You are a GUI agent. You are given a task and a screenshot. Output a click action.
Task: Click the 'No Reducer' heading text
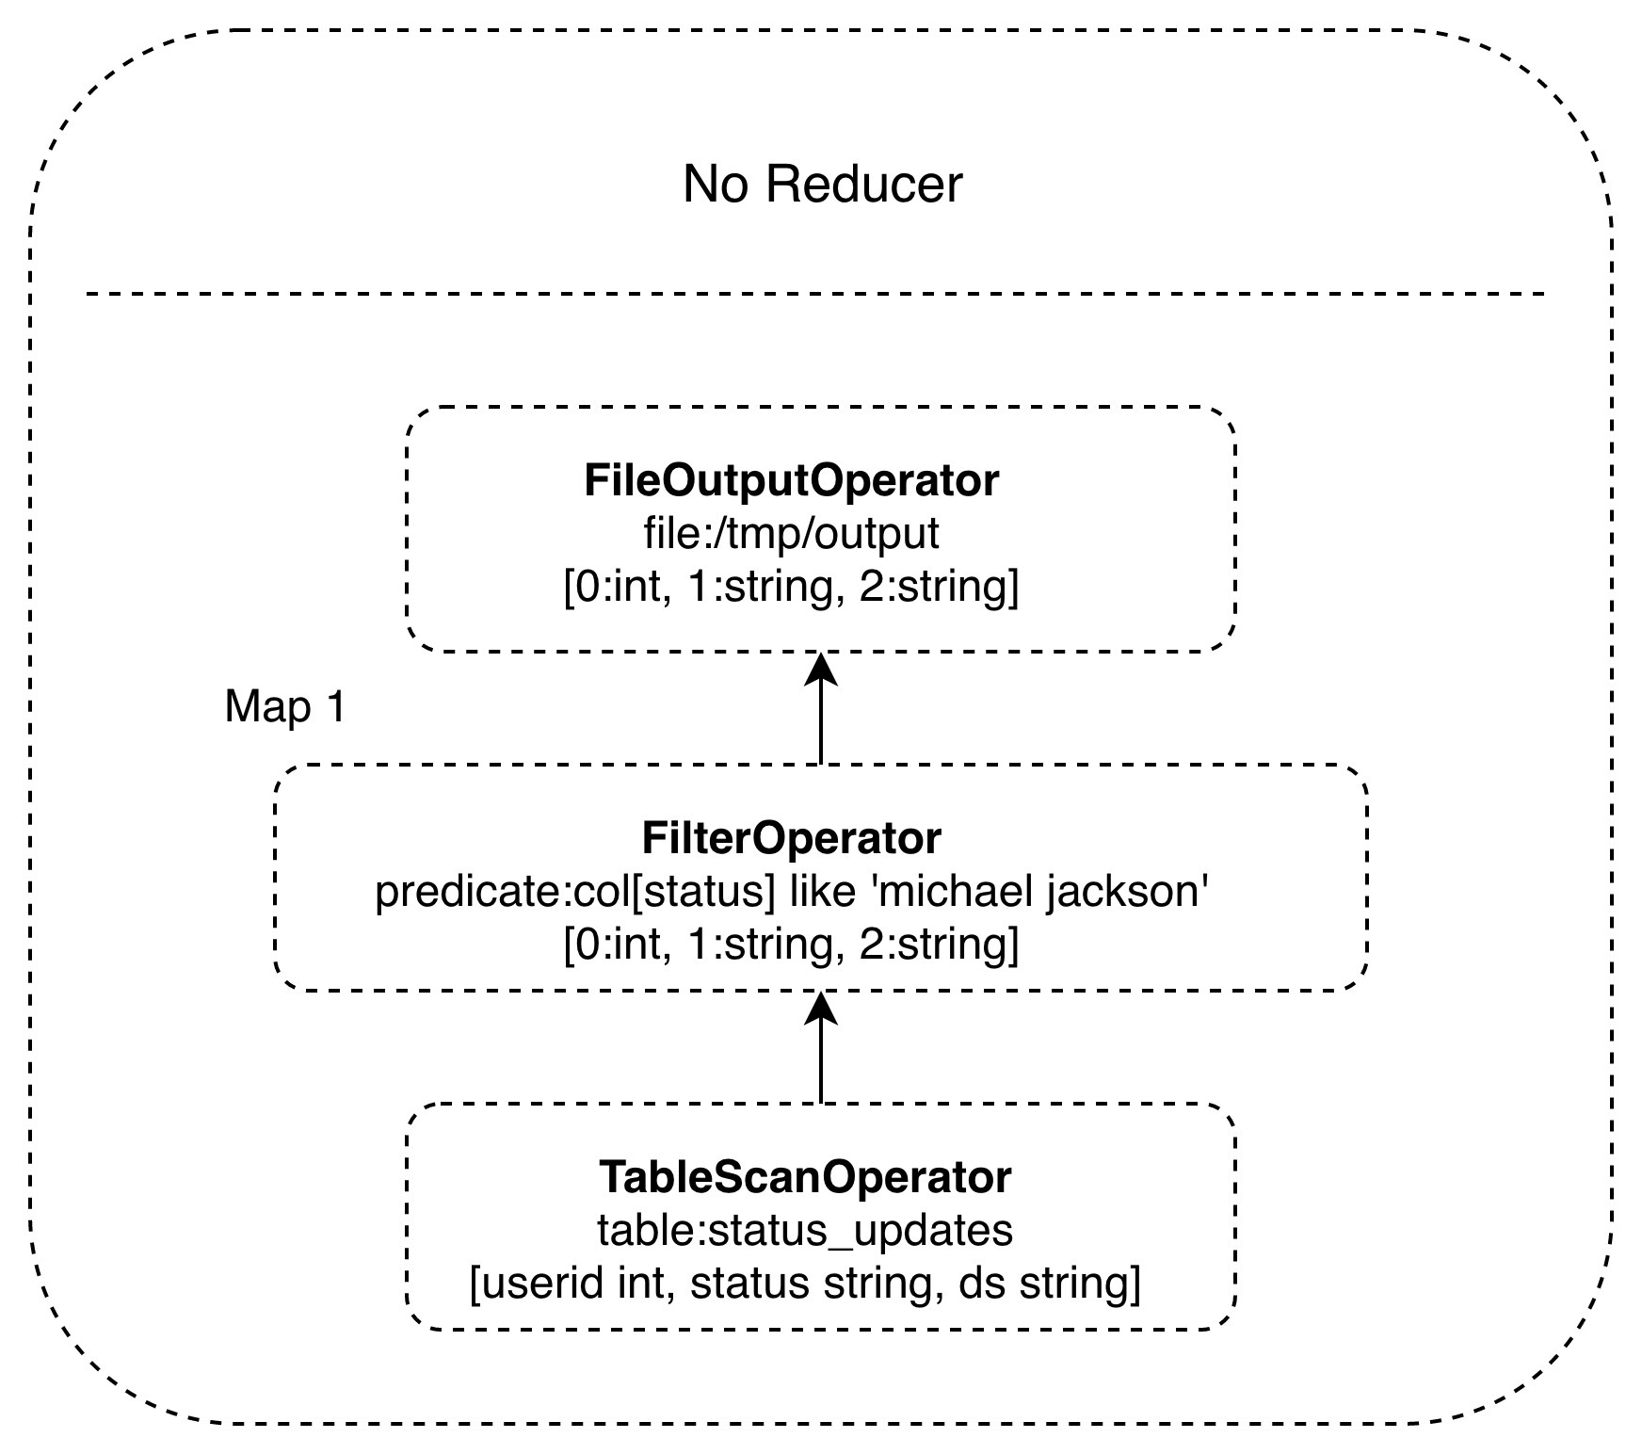pyautogui.click(x=822, y=185)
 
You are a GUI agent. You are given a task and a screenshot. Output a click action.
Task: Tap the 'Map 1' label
pyautogui.click(x=284, y=706)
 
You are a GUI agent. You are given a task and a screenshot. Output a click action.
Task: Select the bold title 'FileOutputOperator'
pyautogui.click(x=791, y=480)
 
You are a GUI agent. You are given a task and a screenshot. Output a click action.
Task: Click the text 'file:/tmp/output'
pyautogui.click(x=791, y=534)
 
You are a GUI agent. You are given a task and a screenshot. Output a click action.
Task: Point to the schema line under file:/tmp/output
pyautogui.click(x=791, y=588)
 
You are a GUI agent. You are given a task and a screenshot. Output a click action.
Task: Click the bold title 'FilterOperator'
pyautogui.click(x=791, y=837)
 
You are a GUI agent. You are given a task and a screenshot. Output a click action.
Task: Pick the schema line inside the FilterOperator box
pyautogui.click(x=791, y=945)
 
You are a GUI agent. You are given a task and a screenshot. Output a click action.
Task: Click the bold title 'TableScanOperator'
pyautogui.click(x=805, y=1176)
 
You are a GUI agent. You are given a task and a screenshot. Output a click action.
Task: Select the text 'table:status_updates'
pyautogui.click(x=805, y=1230)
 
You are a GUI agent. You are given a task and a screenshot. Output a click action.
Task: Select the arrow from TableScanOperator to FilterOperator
pyautogui.click(x=822, y=1059)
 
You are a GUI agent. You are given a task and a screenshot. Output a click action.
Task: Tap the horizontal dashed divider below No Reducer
pyautogui.click(x=815, y=295)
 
